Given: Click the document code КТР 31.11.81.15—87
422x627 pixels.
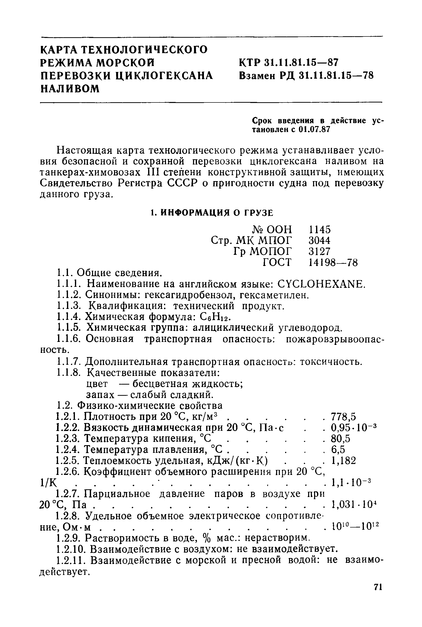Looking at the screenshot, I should click(288, 63).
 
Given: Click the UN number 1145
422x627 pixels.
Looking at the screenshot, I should click(320, 230).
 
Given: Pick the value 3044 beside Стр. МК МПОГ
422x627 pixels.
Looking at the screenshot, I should click(320, 240).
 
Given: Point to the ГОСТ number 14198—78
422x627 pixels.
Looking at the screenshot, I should click(333, 262).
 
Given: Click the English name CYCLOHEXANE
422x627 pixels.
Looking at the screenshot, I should click(321, 284).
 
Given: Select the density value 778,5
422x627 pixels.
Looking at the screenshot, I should click(343, 417).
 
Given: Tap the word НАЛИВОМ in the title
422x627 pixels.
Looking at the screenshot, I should click(70, 89).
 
